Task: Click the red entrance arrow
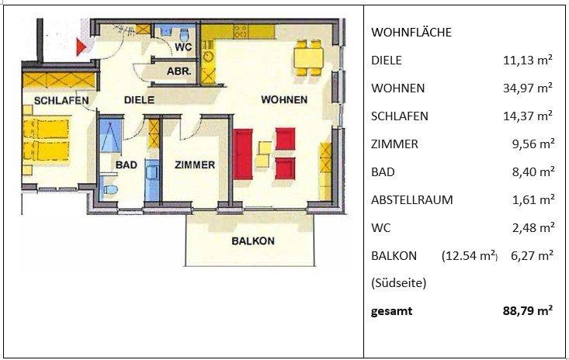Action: pos(81,47)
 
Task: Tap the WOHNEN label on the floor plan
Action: pos(284,99)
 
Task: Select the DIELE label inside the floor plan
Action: pos(140,99)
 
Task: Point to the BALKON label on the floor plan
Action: pos(253,241)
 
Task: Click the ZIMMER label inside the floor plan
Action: pos(195,164)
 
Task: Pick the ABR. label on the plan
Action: pos(180,71)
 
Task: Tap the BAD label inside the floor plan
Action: pos(126,164)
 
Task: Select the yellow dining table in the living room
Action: pos(307,57)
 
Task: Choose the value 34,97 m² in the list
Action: pos(528,88)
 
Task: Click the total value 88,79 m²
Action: pos(528,311)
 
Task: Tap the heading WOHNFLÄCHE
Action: pos(411,33)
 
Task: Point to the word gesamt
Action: pos(393,311)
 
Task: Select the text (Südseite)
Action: pos(399,283)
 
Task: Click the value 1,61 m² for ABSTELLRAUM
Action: pos(531,199)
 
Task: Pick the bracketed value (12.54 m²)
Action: pos(470,255)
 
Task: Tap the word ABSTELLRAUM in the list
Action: pos(412,199)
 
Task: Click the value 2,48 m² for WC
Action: pos(531,227)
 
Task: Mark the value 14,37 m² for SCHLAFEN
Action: pos(528,116)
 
